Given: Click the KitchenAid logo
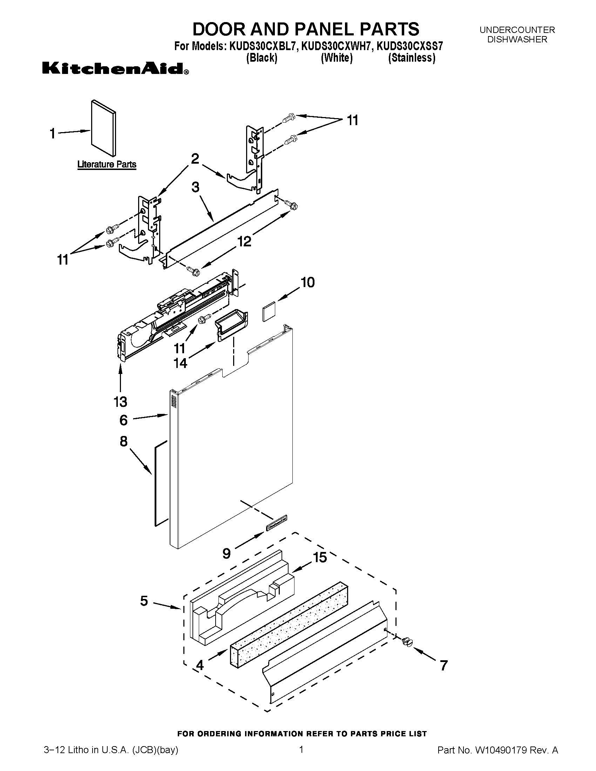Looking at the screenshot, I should pos(115,68).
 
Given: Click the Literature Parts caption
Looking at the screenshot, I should pos(107,164).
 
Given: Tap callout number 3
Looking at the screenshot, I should pos(196,187).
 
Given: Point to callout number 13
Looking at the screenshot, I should pos(120,401).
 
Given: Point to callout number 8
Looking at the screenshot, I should pos(123,441).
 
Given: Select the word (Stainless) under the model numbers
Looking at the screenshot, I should pos(411,58).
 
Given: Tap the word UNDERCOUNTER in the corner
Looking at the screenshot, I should pos(517,30).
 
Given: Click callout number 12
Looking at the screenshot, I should pos(244,241).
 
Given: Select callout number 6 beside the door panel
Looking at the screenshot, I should pos(123,420).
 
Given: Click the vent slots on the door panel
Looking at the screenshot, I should pos(173,402).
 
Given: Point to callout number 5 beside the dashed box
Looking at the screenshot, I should pos(144,600).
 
